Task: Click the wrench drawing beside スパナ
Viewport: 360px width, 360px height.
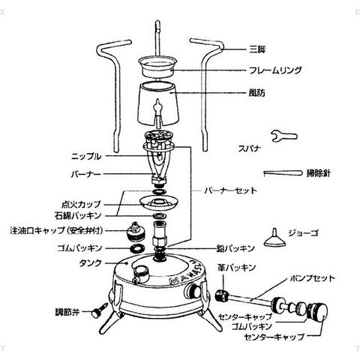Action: click(284, 136)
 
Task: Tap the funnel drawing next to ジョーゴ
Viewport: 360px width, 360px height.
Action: click(274, 239)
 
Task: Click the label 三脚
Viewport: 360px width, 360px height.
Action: click(257, 49)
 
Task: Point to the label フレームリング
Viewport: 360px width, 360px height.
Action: click(275, 70)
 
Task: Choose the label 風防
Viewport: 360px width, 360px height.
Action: click(256, 93)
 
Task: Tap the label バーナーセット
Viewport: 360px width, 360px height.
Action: click(230, 190)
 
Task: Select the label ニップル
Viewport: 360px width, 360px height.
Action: click(86, 157)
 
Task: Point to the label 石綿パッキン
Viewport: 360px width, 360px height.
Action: click(78, 215)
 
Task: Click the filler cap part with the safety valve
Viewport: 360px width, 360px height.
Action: click(135, 232)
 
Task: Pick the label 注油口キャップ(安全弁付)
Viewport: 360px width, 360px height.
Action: click(57, 230)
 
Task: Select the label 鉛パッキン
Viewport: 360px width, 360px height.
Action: click(235, 248)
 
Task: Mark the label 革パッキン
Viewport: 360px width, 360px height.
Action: click(236, 268)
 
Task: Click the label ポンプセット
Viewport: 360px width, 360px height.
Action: click(313, 278)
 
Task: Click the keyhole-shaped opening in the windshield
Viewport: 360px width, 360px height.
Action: click(157, 108)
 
